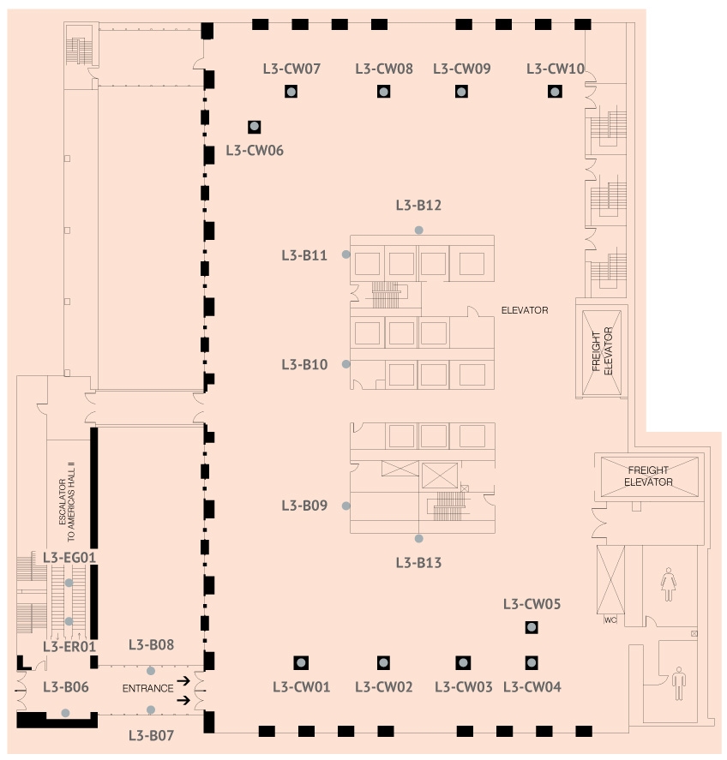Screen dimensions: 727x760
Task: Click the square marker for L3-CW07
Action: (291, 91)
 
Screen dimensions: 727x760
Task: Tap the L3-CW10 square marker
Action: (555, 91)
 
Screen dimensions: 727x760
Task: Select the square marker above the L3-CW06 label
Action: (254, 127)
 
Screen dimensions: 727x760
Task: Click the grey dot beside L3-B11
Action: (345, 254)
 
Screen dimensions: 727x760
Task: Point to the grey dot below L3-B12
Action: (418, 230)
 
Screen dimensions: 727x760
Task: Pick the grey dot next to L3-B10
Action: (345, 364)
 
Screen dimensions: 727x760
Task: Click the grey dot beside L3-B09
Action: (345, 506)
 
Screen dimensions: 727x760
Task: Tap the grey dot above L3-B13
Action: (418, 538)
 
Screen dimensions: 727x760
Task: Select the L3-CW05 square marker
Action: (532, 627)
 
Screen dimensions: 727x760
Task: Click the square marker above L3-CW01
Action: (301, 662)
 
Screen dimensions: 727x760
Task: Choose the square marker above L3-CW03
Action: (463, 662)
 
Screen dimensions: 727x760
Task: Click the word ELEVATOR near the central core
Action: (525, 310)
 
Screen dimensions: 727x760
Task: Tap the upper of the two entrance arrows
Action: (183, 681)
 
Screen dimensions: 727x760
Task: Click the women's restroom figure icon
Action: (669, 584)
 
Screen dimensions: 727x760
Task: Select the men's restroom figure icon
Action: (679, 684)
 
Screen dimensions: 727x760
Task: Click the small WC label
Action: (610, 620)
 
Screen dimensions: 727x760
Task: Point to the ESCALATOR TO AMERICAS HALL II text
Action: (67, 501)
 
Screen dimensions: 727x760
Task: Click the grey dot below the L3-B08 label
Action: (151, 671)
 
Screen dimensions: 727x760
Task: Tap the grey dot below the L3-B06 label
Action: (65, 713)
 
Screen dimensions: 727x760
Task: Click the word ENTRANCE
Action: (147, 688)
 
